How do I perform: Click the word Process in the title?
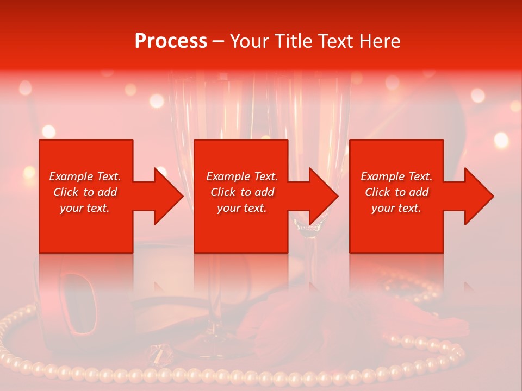171,41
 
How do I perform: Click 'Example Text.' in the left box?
85,176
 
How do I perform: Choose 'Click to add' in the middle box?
242,192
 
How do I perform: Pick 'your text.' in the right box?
396,208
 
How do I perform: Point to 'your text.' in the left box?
85,208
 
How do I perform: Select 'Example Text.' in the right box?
396,176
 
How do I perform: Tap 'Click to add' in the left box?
85,192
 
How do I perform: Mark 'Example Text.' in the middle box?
242,176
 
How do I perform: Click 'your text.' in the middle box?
242,208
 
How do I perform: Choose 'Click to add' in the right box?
396,192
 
